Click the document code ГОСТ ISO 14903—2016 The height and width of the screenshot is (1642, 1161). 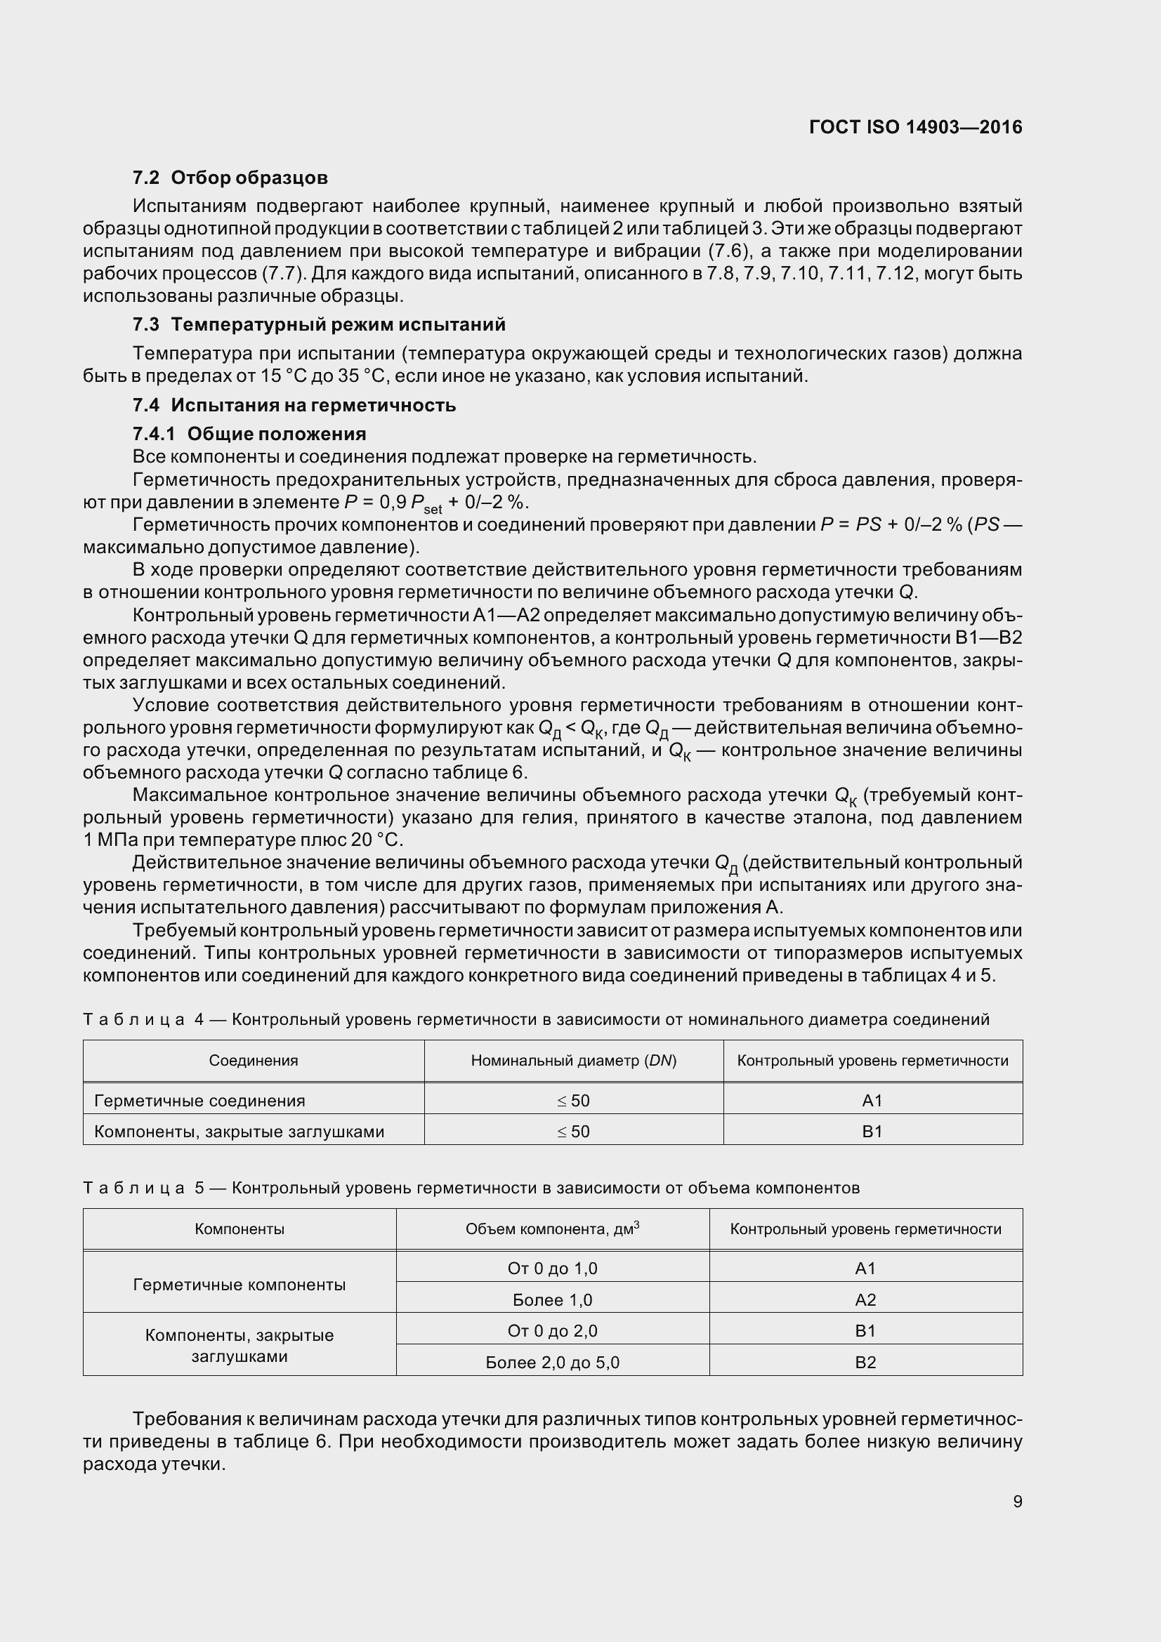pos(915,127)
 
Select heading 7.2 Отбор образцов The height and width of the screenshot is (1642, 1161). pos(230,178)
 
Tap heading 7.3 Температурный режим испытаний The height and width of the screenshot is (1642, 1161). pos(318,325)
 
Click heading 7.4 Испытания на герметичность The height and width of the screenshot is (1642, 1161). pos(294,406)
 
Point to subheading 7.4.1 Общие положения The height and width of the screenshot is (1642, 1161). pos(249,434)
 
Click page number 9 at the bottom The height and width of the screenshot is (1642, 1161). pos(1017,1501)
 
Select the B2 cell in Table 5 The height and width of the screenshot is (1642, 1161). pos(865,1363)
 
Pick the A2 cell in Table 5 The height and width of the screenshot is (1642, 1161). pos(865,1299)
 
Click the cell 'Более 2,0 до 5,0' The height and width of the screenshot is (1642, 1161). pos(552,1363)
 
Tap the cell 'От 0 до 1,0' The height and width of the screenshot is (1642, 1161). pos(552,1268)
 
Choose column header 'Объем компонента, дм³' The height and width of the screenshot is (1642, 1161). pos(552,1229)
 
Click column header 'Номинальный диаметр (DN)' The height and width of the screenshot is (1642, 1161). pos(574,1061)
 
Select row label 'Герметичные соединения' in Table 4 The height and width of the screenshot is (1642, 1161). pos(199,1101)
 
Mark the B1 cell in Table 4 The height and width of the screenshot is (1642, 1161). pos(872,1132)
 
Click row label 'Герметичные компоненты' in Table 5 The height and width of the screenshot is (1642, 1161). pos(239,1285)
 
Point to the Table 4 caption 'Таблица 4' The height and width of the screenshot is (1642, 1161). pos(143,1019)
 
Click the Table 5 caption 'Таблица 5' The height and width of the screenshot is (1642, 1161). pos(143,1188)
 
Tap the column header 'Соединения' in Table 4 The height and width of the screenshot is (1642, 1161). pos(254,1061)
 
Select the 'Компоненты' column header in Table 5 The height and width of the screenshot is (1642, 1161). pos(239,1229)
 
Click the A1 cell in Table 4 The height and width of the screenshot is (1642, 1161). pos(872,1101)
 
